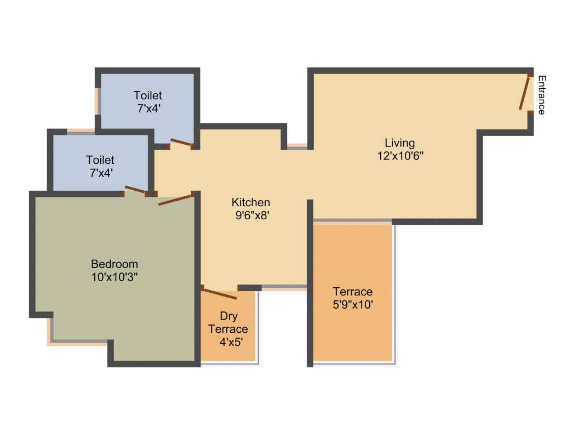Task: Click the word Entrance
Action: (x=541, y=94)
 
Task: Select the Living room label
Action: (x=399, y=143)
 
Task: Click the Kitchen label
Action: (x=250, y=202)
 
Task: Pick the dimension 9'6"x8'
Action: (x=250, y=215)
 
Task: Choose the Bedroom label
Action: (x=115, y=264)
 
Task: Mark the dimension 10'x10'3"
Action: (x=115, y=276)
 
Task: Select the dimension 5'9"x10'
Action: (x=353, y=304)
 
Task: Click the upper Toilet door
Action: (x=180, y=143)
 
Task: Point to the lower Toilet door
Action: (x=135, y=190)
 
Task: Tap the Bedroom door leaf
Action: (x=175, y=200)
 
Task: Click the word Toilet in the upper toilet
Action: (x=148, y=96)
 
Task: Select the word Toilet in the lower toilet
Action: (x=100, y=160)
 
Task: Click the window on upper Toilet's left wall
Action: (x=98, y=100)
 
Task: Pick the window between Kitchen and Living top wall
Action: (x=297, y=146)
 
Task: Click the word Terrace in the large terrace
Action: (x=353, y=292)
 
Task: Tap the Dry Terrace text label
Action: (x=228, y=323)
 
